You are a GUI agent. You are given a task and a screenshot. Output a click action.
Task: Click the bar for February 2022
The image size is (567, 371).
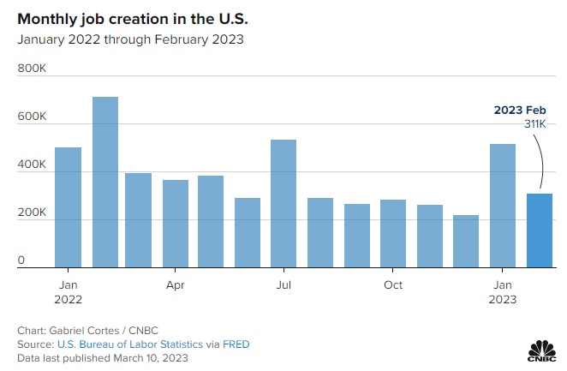(x=105, y=182)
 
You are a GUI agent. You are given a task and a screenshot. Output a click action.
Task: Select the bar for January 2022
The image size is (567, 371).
(x=69, y=207)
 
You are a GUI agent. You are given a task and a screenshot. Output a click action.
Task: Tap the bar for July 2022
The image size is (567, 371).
(x=283, y=203)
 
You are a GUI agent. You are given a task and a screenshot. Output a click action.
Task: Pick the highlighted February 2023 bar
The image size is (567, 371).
(x=540, y=230)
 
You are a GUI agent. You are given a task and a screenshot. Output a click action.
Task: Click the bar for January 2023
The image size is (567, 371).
(x=503, y=206)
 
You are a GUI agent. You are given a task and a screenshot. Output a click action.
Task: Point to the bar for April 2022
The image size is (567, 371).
(x=176, y=224)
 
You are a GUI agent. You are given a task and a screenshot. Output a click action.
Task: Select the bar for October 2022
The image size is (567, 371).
(x=393, y=233)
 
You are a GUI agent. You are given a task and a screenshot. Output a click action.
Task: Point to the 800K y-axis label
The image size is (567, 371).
(x=32, y=68)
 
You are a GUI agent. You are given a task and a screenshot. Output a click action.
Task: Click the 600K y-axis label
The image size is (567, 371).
(x=32, y=116)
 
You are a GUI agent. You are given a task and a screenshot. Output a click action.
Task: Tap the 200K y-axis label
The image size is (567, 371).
(x=32, y=212)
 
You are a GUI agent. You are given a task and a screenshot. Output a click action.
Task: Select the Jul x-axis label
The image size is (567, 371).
(x=283, y=284)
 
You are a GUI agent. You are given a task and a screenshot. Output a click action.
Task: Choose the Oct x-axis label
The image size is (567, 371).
(x=393, y=284)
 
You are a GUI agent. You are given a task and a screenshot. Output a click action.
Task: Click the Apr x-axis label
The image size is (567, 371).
(x=176, y=284)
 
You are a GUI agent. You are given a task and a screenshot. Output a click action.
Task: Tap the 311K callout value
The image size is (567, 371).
(x=534, y=125)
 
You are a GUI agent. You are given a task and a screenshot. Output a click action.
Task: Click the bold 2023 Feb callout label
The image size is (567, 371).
(x=520, y=111)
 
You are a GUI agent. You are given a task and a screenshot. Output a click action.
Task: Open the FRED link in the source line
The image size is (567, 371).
(x=236, y=344)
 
